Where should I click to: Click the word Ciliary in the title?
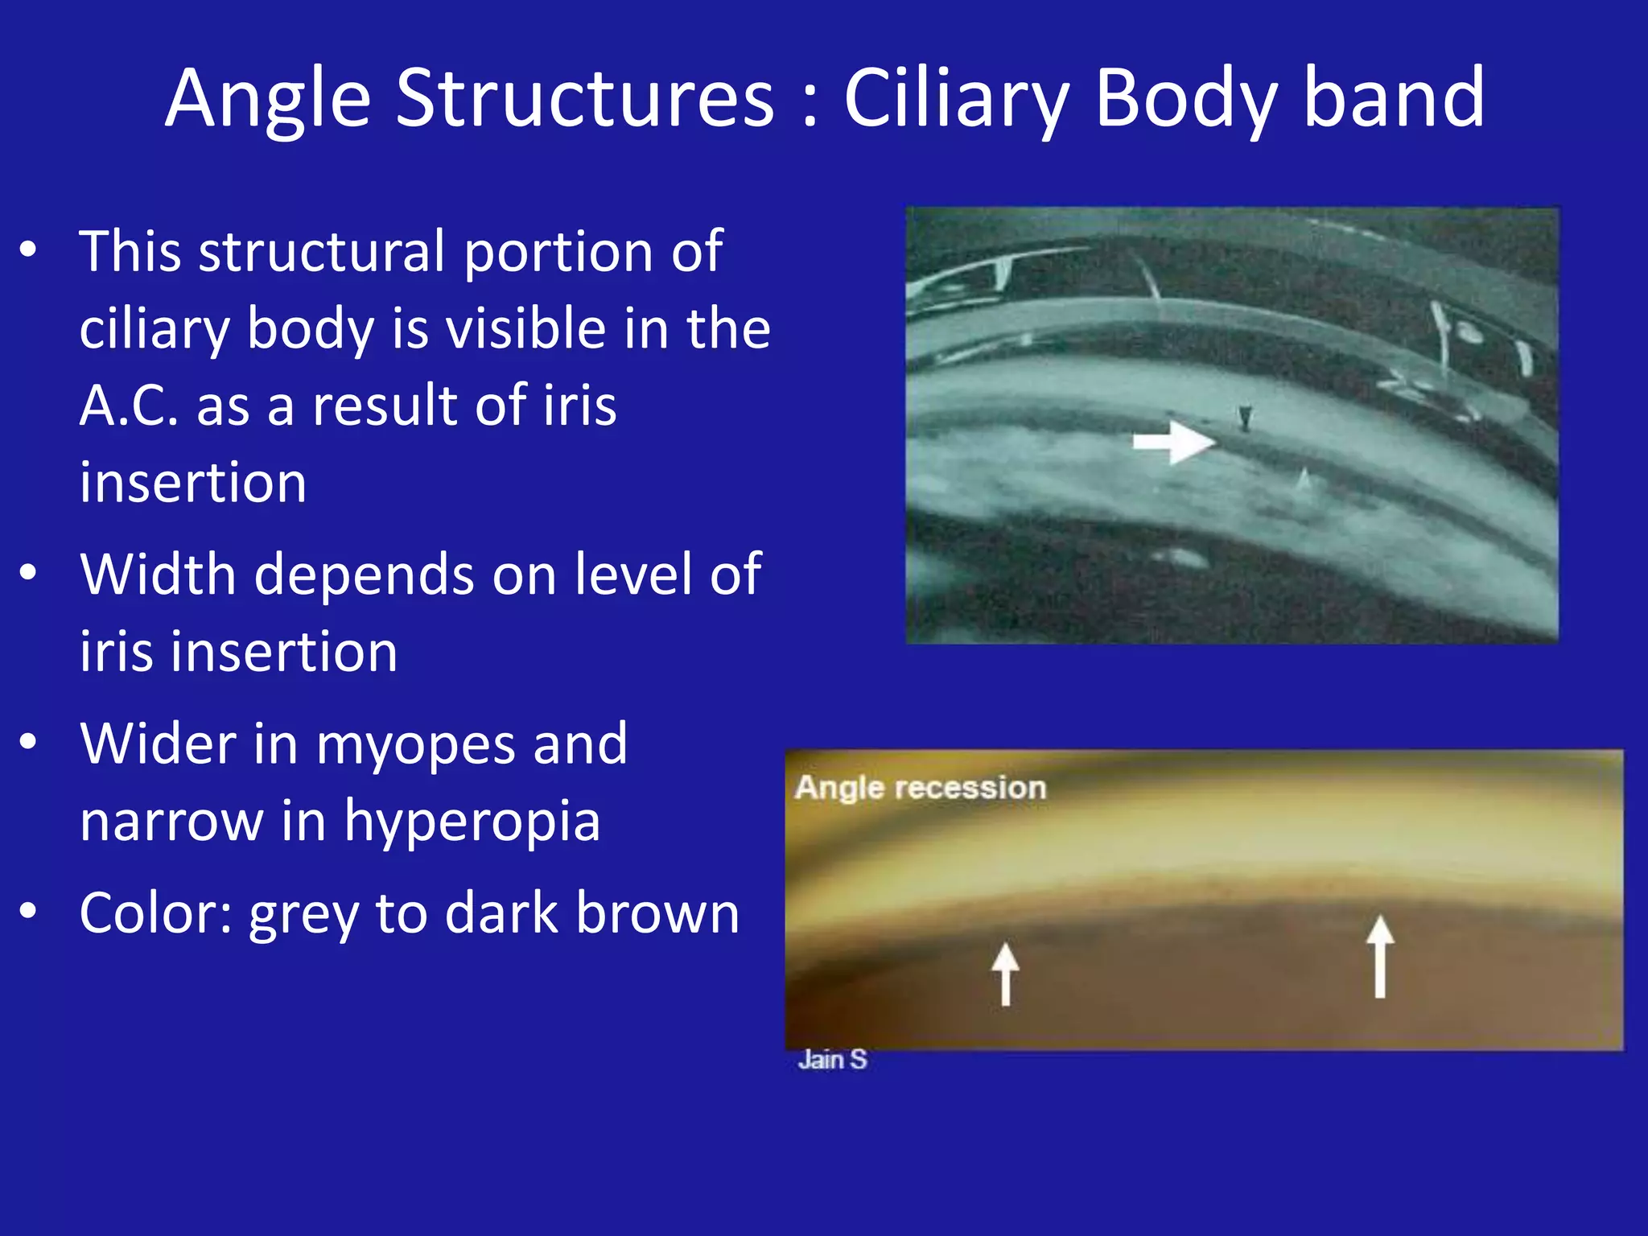(x=956, y=100)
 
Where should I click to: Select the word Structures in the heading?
(x=585, y=100)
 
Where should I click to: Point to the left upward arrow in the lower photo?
(x=1005, y=974)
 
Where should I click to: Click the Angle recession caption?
(x=921, y=788)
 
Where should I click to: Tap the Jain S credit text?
(x=832, y=1060)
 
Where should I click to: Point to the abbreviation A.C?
(x=129, y=406)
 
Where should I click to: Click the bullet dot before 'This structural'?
(x=29, y=249)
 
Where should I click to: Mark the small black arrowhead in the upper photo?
(x=1246, y=418)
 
